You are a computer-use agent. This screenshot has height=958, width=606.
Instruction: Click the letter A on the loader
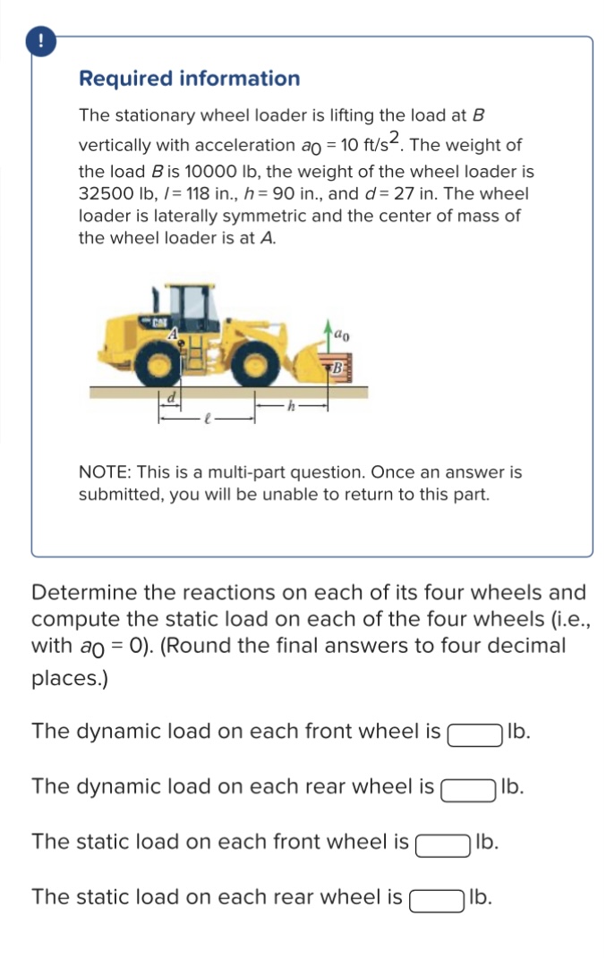click(177, 333)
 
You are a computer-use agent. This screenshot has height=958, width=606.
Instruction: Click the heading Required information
click(190, 79)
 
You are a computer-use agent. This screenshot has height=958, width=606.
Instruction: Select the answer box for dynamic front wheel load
click(474, 733)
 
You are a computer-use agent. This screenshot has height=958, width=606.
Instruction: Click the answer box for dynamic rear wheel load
click(467, 789)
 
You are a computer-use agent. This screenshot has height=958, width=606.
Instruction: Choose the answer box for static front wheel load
click(442, 844)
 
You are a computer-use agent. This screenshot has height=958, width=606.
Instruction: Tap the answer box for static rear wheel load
click(436, 898)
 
